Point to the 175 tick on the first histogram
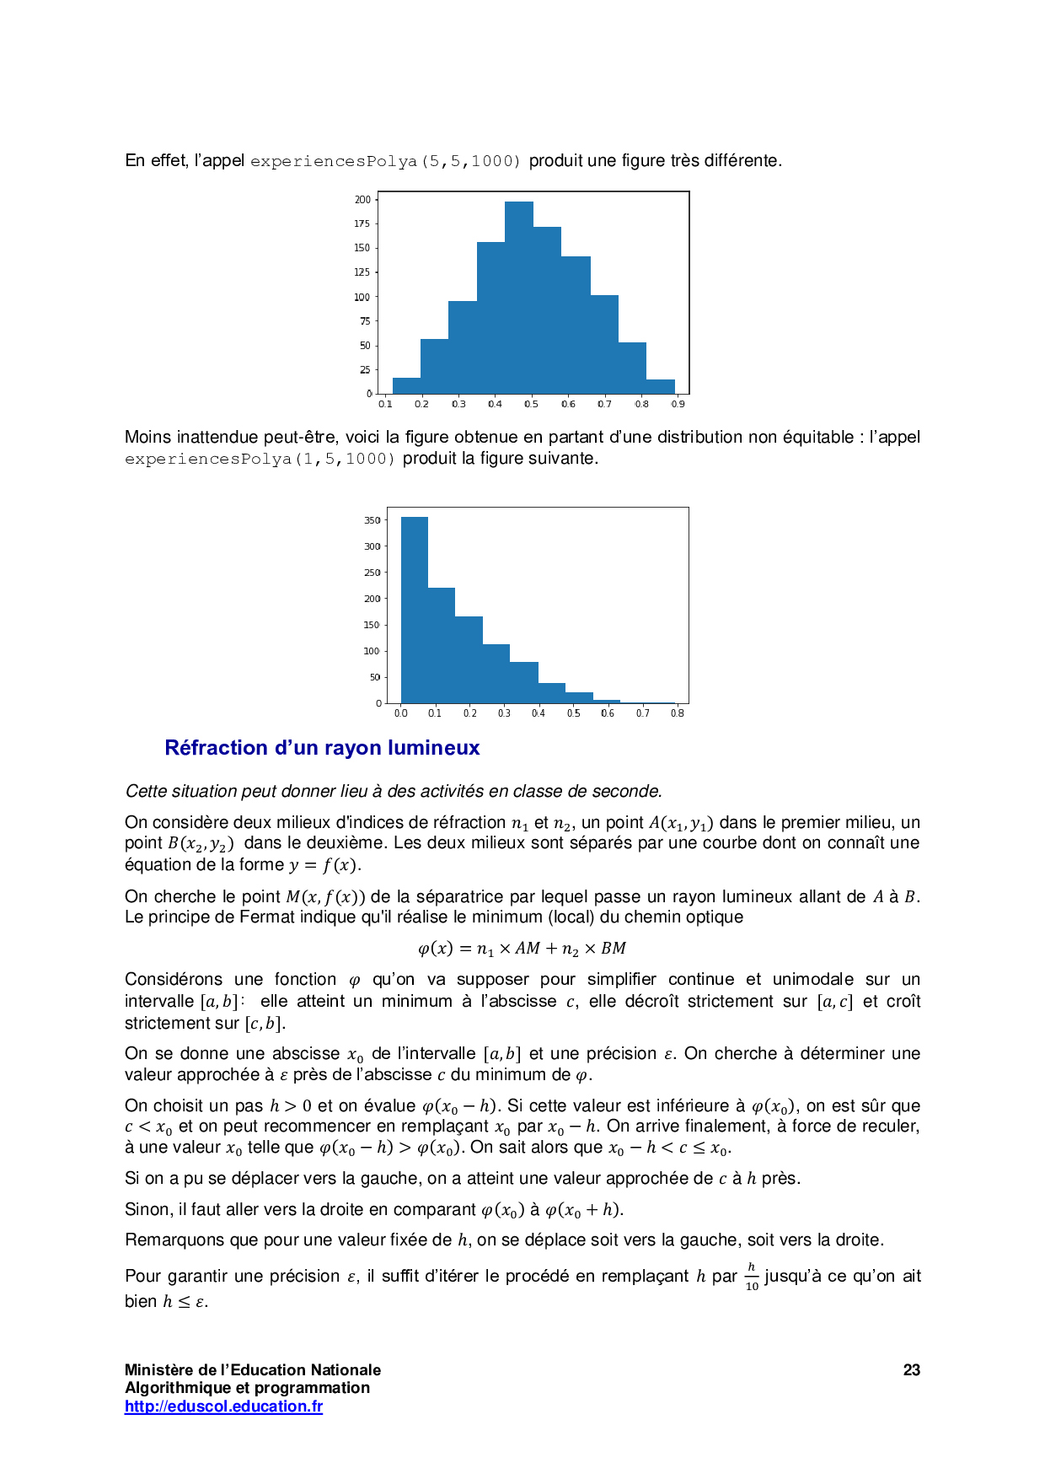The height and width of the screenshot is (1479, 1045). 362,223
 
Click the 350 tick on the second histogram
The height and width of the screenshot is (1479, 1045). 372,520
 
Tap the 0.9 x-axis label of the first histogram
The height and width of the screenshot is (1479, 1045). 678,404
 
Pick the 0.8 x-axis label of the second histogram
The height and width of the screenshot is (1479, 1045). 677,713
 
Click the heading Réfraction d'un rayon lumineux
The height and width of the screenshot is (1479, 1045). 322,748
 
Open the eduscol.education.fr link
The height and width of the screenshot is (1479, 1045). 223,1406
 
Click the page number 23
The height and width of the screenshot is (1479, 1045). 911,1370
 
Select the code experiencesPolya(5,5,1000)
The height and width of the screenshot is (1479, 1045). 385,161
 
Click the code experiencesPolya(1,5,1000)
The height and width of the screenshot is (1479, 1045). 260,460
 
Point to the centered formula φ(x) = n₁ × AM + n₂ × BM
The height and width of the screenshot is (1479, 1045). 522,949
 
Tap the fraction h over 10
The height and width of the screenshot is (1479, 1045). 752,1277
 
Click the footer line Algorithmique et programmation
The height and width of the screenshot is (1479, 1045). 247,1388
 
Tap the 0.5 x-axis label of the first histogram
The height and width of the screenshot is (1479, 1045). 531,404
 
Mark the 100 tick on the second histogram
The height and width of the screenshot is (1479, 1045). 372,651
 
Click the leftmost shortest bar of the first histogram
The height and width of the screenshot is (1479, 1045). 406,386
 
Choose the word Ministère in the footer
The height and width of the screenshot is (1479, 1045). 158,1370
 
